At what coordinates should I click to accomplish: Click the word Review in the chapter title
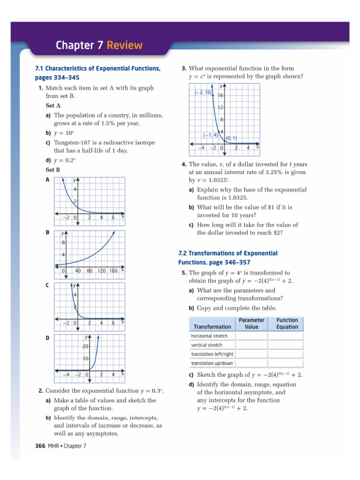pos(124,45)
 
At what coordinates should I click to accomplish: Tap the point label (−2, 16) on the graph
pos(203,93)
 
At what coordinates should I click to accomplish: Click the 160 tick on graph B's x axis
pos(112,270)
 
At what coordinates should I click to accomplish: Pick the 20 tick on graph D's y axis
pos(85,346)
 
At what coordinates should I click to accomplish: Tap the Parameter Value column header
pos(251,323)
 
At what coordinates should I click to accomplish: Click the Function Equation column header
pos(287,323)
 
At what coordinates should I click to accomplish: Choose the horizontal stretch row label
pos(209,336)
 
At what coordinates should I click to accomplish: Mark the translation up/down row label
pos(212,363)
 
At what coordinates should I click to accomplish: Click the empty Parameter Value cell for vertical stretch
pos(251,345)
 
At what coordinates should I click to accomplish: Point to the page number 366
pos(40,446)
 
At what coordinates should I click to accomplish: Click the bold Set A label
pos(52,105)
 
